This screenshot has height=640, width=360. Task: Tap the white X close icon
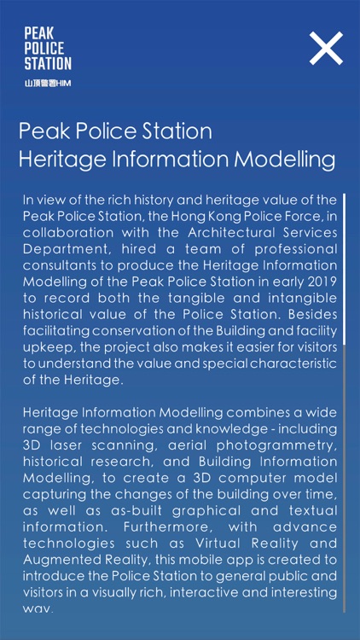click(x=326, y=49)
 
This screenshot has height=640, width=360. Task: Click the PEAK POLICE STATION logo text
click(x=47, y=48)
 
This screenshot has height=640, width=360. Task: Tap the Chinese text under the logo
click(x=47, y=83)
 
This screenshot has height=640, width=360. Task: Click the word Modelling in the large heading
click(x=287, y=160)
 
